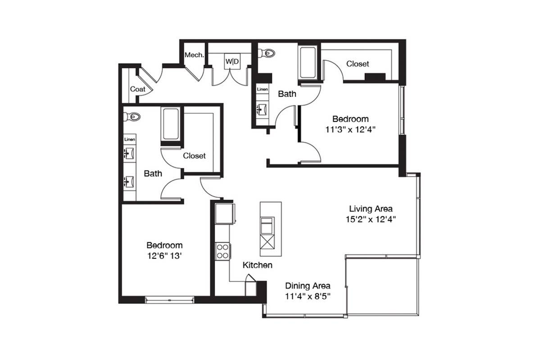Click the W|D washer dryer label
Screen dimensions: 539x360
click(232, 62)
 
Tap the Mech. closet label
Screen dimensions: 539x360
click(194, 55)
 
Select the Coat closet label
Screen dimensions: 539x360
click(137, 89)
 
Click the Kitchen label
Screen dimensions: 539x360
click(258, 265)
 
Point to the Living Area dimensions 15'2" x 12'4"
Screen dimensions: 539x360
click(371, 220)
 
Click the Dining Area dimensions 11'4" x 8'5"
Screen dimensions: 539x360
click(308, 296)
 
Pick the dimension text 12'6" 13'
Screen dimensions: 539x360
click(164, 256)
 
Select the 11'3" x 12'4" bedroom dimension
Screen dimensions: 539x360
click(350, 130)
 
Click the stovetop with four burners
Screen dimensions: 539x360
click(222, 251)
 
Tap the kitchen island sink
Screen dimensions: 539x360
click(268, 226)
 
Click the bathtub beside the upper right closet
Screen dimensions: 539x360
click(308, 63)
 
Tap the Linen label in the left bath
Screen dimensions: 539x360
click(130, 139)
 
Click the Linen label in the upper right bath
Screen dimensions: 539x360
click(262, 89)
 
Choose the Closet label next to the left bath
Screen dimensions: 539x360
click(194, 156)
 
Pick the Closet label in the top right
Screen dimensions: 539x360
click(358, 63)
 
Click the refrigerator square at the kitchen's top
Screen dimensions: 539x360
click(225, 214)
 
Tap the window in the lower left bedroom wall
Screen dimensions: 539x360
click(170, 300)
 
